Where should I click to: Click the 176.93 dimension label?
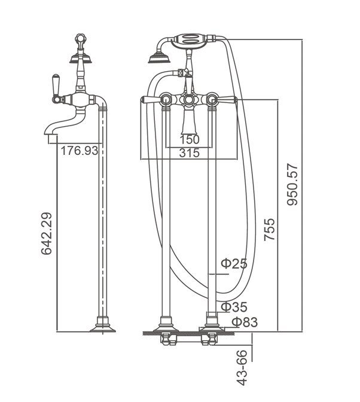click(79, 151)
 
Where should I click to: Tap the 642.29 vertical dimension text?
click(47, 233)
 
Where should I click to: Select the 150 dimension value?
click(190, 140)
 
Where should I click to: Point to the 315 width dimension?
click(190, 153)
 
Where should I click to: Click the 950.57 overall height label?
click(292, 184)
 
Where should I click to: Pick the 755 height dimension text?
click(270, 230)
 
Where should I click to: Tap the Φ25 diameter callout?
click(234, 263)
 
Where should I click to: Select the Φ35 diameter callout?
click(234, 307)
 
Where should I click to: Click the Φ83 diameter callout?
click(245, 322)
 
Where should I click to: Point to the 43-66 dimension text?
click(242, 368)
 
